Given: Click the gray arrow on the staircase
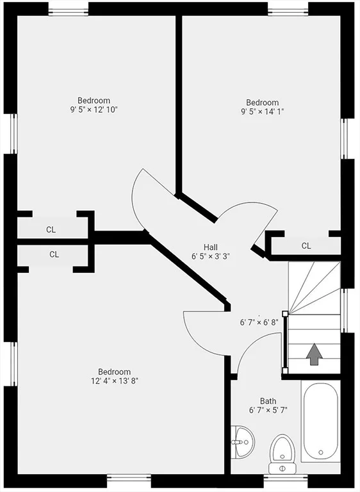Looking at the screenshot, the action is click(x=314, y=354).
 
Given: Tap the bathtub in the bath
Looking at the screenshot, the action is click(x=320, y=421).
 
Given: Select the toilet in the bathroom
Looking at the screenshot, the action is click(x=282, y=454).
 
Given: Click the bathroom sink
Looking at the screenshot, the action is click(x=243, y=442).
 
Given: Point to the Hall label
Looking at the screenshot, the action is click(x=211, y=247).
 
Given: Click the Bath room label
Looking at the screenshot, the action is click(x=268, y=401).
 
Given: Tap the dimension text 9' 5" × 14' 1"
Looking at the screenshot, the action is click(x=263, y=111).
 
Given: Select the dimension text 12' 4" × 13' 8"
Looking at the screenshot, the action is click(x=115, y=381).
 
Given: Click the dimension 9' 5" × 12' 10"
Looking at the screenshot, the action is click(x=94, y=110).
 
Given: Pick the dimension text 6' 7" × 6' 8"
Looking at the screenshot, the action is click(x=259, y=322).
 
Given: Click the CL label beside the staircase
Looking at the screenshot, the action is click(x=306, y=246).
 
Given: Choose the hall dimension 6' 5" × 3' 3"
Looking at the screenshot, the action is click(x=211, y=256).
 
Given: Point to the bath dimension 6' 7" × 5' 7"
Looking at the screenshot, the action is click(x=268, y=410).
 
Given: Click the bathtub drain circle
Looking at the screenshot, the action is click(x=321, y=452).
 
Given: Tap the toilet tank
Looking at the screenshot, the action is click(x=282, y=468).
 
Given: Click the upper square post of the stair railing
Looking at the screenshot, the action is click(x=285, y=313).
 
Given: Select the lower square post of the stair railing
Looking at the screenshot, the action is click(x=285, y=371).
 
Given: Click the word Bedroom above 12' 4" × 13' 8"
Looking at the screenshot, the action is click(x=114, y=372).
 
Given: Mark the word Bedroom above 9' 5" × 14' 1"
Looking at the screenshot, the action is click(x=262, y=102).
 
